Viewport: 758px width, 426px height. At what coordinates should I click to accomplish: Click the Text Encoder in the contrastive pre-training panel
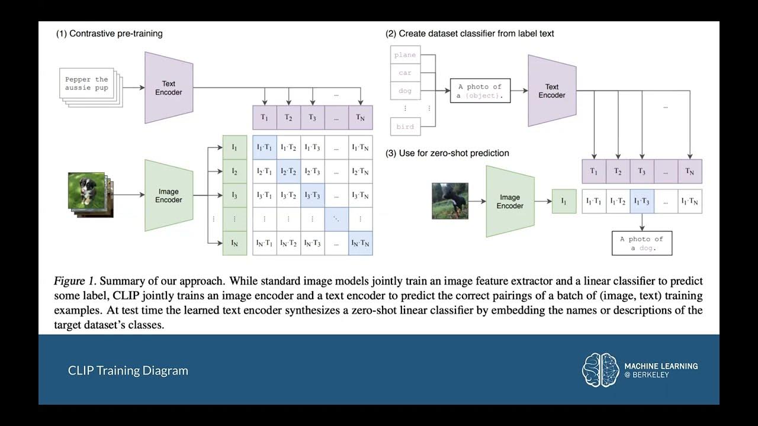point(169,88)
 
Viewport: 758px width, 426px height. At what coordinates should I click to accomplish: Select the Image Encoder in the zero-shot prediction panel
point(510,201)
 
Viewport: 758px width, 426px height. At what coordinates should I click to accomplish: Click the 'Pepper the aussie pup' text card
point(87,83)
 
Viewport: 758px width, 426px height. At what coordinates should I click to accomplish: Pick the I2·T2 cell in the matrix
point(288,172)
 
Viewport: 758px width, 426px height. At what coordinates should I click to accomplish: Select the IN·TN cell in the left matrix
point(360,243)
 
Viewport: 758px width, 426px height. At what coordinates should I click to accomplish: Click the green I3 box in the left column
point(235,195)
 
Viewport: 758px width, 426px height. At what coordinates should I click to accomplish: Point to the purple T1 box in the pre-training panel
point(265,117)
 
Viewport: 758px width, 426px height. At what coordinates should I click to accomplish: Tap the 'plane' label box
point(405,55)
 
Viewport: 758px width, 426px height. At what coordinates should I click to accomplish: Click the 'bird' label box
point(405,127)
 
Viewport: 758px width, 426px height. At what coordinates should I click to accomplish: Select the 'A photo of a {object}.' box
point(480,91)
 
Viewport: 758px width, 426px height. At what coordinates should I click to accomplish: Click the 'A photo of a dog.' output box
point(641,243)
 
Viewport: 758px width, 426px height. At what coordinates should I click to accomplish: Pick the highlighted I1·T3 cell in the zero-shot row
point(642,202)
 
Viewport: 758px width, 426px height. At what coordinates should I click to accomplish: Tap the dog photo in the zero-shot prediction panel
point(450,201)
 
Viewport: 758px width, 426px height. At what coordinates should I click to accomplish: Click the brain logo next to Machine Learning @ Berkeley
point(600,370)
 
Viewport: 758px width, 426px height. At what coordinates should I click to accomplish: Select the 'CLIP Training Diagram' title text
point(128,370)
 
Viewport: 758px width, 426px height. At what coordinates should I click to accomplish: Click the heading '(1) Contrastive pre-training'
point(109,34)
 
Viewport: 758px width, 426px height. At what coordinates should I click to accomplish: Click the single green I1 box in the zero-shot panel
point(564,201)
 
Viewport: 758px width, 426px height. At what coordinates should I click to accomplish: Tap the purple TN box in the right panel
point(689,171)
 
